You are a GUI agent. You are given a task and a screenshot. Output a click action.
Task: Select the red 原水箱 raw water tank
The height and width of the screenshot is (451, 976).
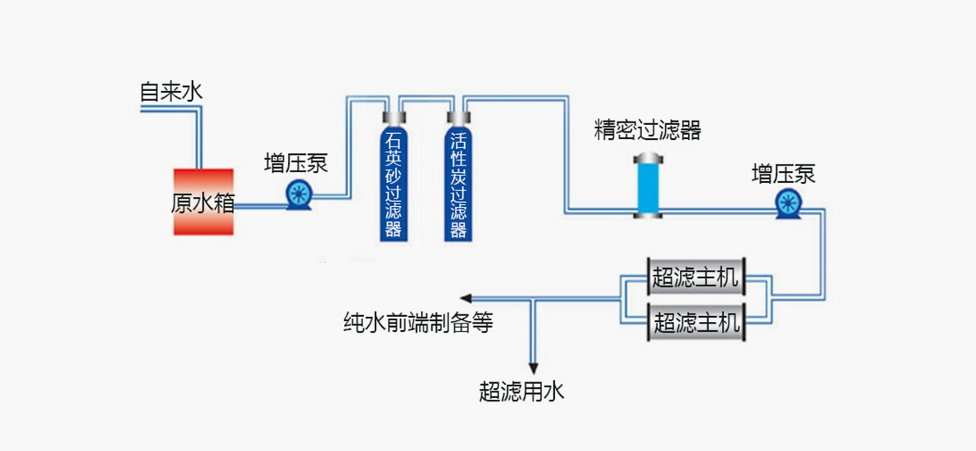pos(203,202)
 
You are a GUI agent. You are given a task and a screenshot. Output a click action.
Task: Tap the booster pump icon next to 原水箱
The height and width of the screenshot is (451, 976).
pos(297,195)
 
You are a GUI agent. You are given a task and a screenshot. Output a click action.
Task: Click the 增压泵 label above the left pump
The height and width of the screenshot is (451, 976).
pos(296,163)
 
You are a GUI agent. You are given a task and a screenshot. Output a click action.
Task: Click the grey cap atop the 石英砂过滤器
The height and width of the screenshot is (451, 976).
pos(393,118)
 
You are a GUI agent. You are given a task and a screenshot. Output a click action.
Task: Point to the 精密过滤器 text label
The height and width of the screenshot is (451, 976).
pos(648,130)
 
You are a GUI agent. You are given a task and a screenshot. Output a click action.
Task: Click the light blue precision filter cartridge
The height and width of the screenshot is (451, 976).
pos(648,187)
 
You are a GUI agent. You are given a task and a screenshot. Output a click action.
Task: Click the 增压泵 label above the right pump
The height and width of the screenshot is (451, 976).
pos(783,174)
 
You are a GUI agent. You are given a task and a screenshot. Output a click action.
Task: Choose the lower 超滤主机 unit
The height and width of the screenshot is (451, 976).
pos(695,321)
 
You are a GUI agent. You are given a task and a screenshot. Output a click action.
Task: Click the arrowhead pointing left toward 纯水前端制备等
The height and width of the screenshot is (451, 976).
pos(466,299)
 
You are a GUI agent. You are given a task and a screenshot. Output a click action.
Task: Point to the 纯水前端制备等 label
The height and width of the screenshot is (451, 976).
pos(418,324)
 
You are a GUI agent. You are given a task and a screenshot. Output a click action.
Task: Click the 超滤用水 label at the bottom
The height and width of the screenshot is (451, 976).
pos(521,391)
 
